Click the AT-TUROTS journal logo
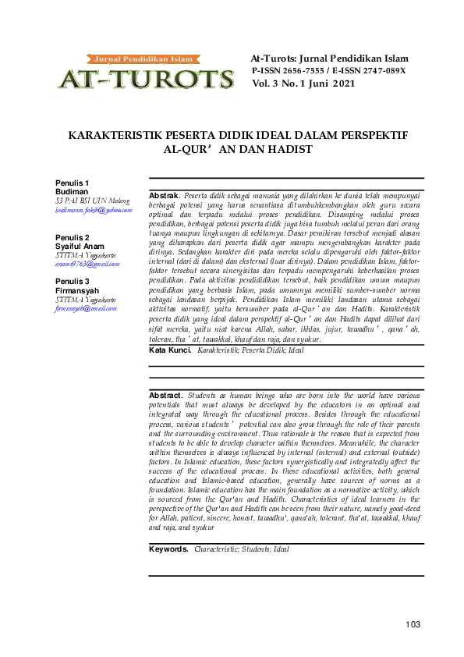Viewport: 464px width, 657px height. (x=145, y=73)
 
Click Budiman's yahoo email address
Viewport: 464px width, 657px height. (x=94, y=210)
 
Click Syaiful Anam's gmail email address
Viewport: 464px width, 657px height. (x=87, y=265)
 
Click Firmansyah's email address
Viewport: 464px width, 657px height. (x=88, y=309)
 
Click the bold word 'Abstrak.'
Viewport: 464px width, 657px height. (x=164, y=194)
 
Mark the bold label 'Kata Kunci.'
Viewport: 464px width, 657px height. (x=170, y=351)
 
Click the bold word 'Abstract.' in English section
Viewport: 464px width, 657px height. (x=165, y=396)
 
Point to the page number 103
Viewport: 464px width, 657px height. (x=413, y=624)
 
